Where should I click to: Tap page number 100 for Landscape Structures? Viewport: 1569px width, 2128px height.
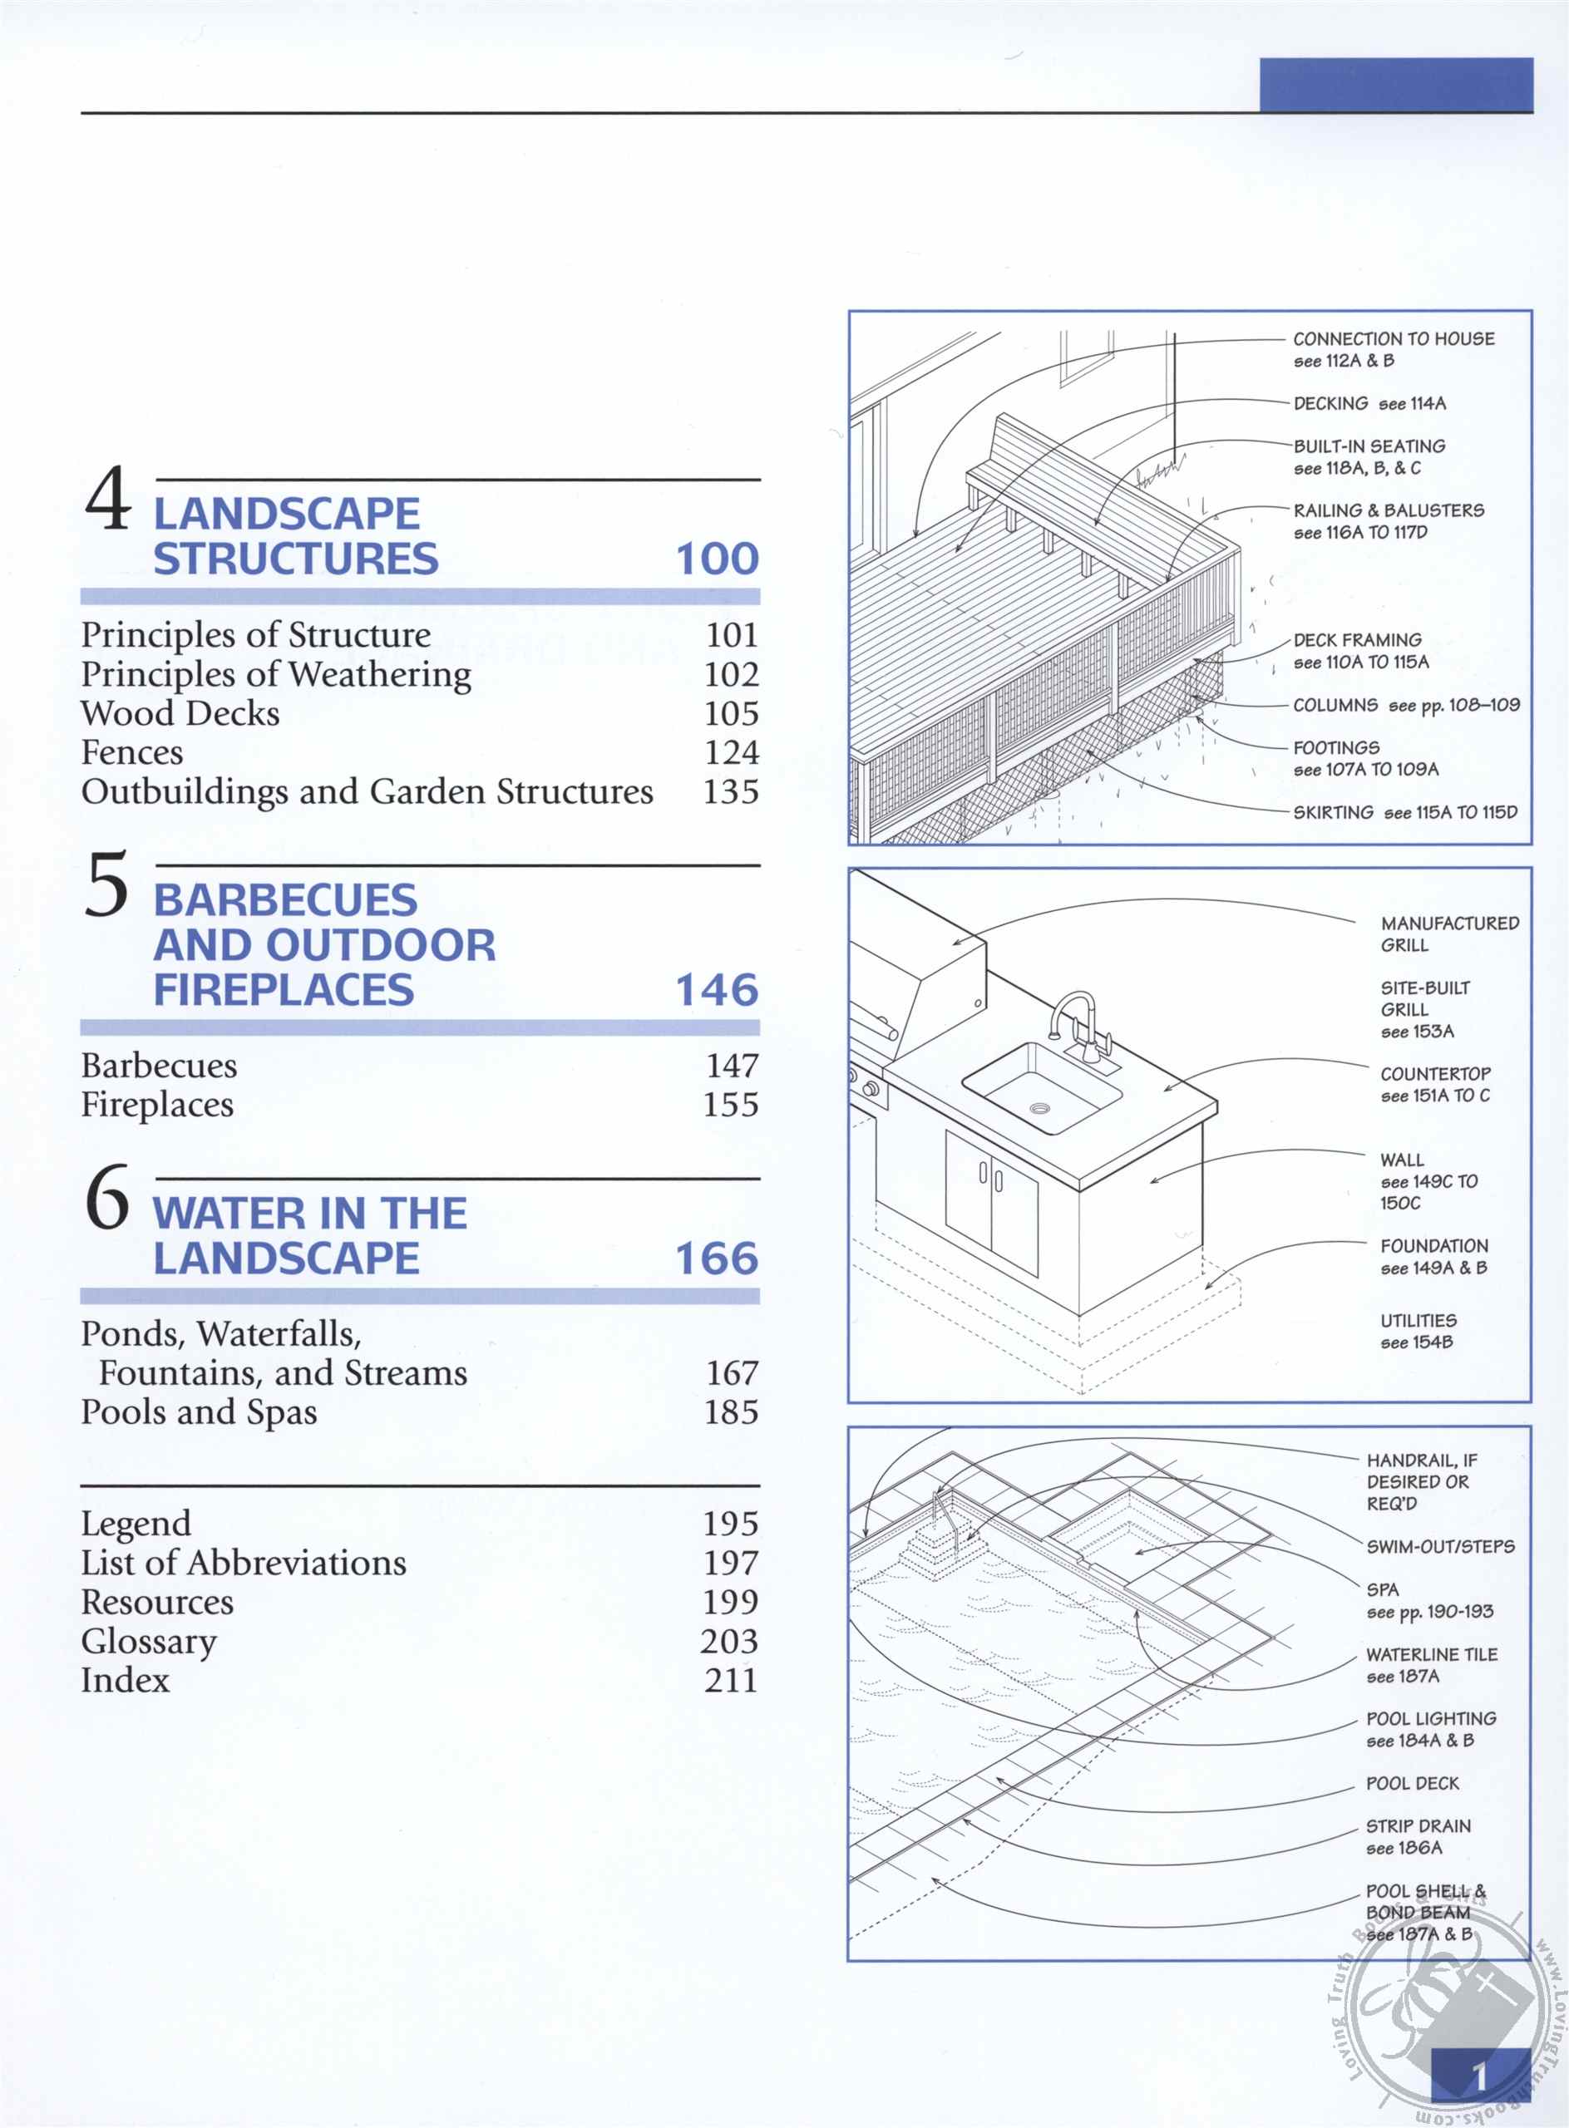coord(717,559)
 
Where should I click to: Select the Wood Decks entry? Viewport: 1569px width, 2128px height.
coord(180,713)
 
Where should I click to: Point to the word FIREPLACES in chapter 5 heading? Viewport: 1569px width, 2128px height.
coord(284,990)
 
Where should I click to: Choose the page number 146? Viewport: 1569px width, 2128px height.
coord(717,990)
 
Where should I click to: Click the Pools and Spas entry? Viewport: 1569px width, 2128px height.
coord(199,1412)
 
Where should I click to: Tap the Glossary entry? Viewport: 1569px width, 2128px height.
coord(149,1641)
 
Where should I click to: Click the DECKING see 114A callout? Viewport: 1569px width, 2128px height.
coord(1369,403)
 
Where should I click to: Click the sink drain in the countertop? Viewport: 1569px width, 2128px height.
coord(1040,1108)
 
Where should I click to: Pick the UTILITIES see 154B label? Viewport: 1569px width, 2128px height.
coord(1418,1330)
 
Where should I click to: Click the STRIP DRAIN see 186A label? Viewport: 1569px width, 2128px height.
coord(1417,1836)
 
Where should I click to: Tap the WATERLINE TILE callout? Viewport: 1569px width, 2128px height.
coord(1431,1665)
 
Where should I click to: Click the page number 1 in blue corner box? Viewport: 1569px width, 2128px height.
coord(1478,2076)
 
